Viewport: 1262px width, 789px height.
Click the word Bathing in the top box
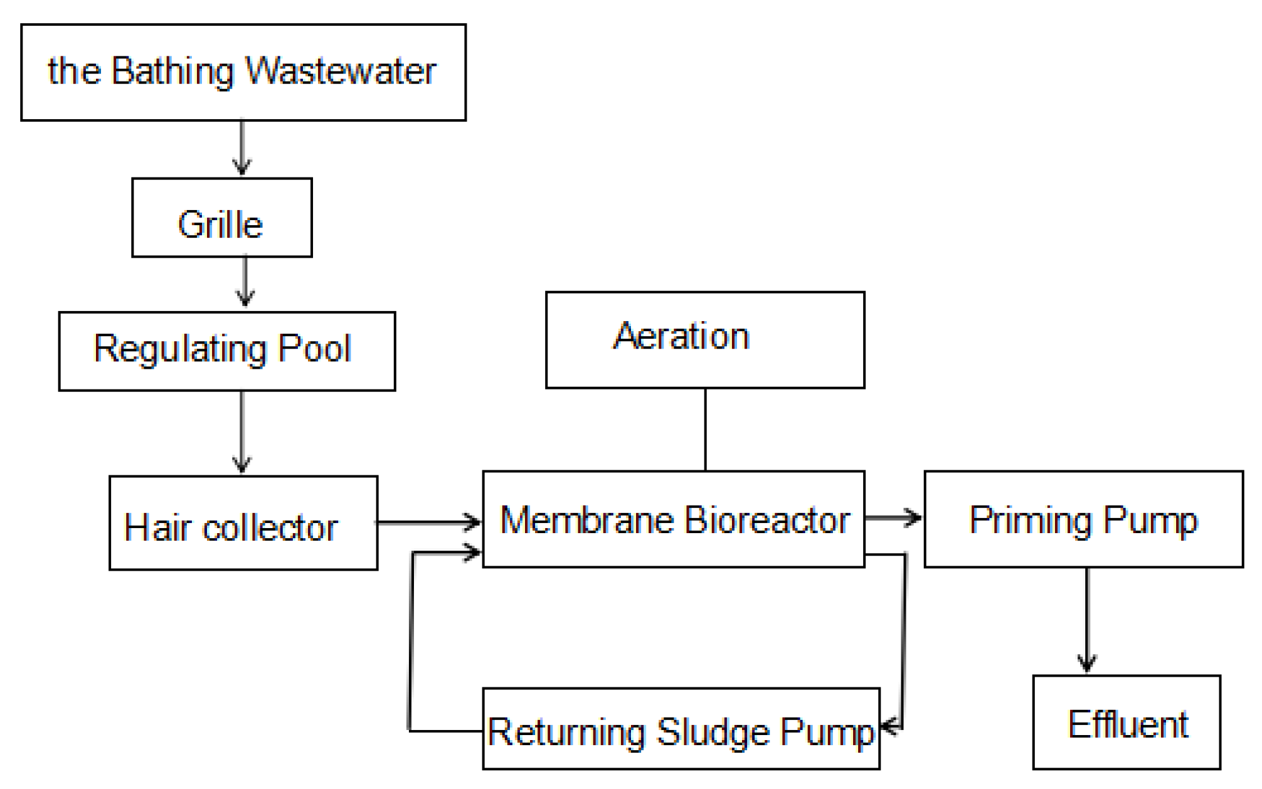[172, 71]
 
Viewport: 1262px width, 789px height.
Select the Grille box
[221, 218]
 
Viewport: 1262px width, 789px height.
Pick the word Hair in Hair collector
[157, 527]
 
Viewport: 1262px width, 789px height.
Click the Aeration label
[681, 336]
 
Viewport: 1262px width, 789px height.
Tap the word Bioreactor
[766, 521]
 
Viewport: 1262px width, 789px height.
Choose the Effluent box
[1127, 723]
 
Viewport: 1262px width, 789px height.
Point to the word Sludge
[713, 732]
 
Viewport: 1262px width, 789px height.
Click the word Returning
[566, 732]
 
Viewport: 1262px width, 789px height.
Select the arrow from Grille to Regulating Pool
[245, 282]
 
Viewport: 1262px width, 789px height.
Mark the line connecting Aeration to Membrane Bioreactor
[705, 429]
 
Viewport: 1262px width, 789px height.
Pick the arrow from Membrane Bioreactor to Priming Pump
[893, 518]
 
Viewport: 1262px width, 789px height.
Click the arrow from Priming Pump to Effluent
[1087, 621]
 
